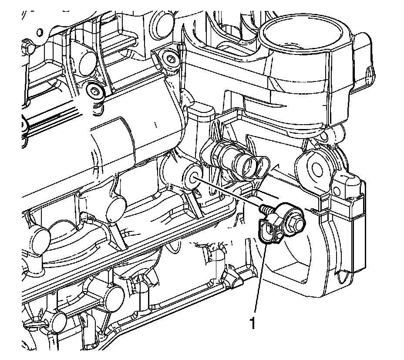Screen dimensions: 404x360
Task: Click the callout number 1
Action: pyautogui.click(x=253, y=323)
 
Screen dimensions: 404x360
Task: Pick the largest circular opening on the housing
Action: pyautogui.click(x=303, y=33)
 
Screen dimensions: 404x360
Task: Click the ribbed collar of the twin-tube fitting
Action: pyautogui.click(x=218, y=157)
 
